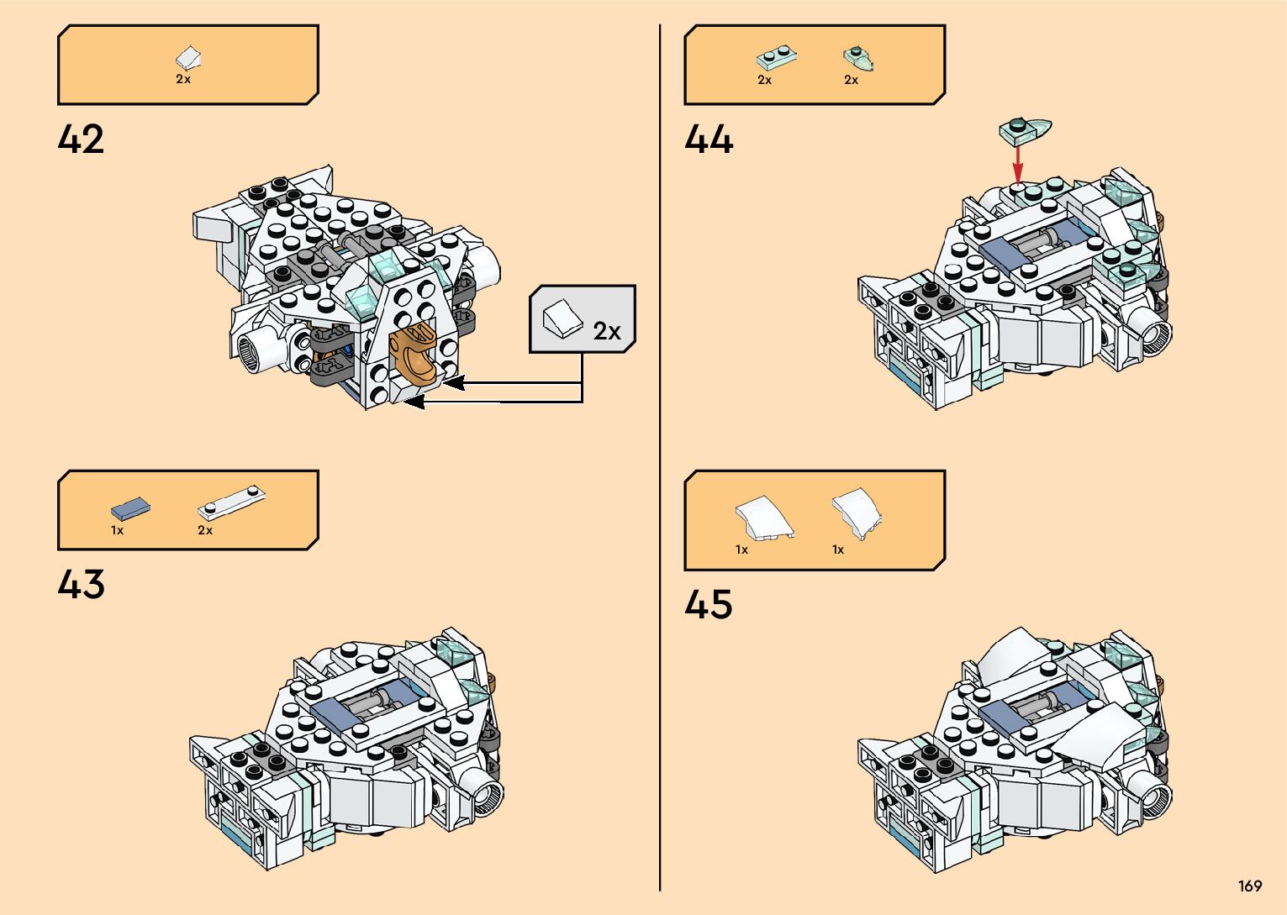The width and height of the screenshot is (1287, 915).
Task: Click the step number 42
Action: [81, 139]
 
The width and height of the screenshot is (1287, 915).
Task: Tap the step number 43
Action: [81, 584]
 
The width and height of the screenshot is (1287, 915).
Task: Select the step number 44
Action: [708, 139]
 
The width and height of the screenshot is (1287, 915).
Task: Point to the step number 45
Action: [708, 604]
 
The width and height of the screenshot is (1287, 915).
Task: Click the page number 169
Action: [1249, 886]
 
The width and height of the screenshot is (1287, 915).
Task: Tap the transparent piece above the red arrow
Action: [1025, 129]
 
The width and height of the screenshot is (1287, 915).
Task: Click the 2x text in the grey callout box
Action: [607, 331]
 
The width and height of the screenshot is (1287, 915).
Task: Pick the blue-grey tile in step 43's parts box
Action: [130, 508]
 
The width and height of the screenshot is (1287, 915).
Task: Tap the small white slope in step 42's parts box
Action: [188, 57]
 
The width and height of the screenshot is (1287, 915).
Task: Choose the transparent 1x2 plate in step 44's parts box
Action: [776, 58]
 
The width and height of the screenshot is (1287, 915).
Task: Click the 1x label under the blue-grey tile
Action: [117, 530]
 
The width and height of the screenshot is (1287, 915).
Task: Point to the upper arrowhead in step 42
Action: [455, 384]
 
